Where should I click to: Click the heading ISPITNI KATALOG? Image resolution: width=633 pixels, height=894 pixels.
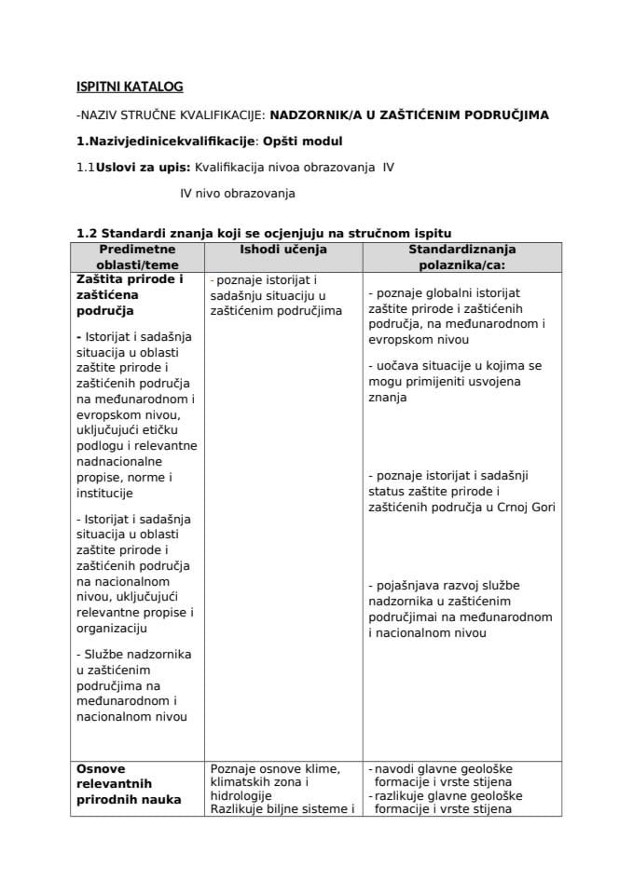click(130, 87)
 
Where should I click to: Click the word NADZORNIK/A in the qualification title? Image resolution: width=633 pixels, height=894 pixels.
click(314, 115)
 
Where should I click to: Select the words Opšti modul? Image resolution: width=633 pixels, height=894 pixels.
click(303, 142)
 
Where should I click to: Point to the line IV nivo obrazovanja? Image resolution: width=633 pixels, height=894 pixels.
click(238, 194)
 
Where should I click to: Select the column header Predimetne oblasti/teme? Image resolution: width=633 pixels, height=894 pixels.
click(138, 257)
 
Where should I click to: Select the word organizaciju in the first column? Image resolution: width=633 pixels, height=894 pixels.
click(111, 628)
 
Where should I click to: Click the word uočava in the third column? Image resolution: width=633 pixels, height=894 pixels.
click(399, 366)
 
